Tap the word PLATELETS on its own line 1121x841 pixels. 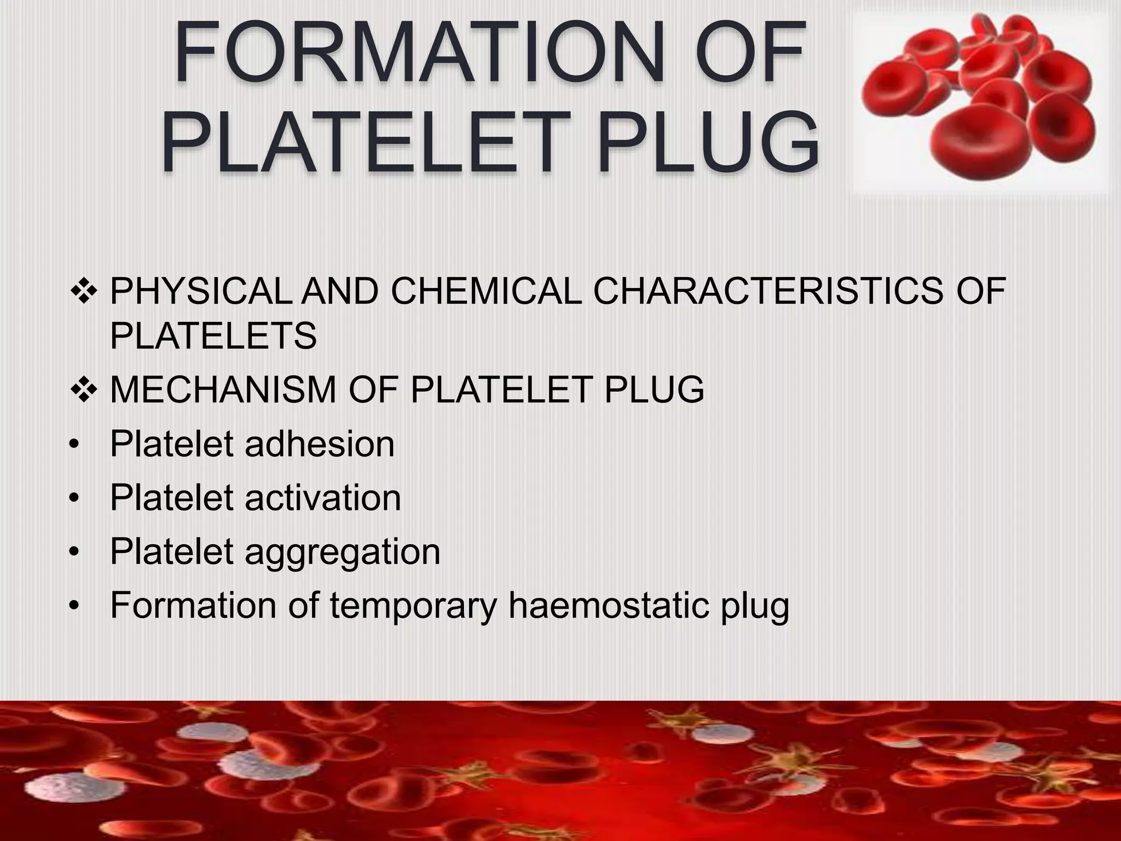213,336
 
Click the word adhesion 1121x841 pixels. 319,443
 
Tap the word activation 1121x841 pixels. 322,498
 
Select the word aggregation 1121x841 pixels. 342,552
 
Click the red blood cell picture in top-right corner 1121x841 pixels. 980,99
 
